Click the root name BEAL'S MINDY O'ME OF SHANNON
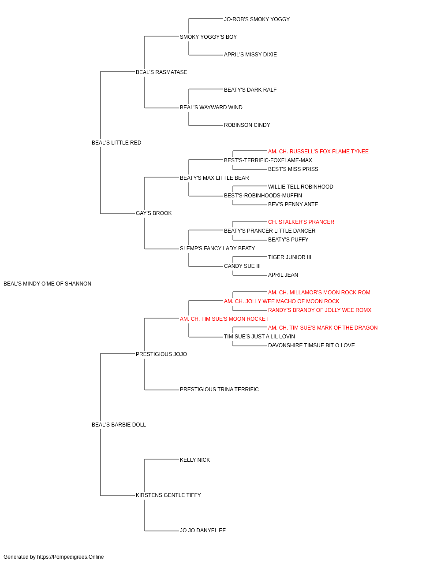[47, 284]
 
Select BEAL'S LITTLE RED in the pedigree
[116, 143]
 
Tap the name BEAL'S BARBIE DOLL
[119, 425]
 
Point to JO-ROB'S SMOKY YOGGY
[257, 19]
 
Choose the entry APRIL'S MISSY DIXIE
[250, 55]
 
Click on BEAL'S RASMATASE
[161, 72]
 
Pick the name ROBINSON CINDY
[247, 125]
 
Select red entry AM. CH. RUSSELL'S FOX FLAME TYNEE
[318, 152]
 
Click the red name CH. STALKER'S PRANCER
[301, 222]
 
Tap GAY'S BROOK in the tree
[154, 213]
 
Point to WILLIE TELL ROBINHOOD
[300, 187]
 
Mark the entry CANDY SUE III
[242, 266]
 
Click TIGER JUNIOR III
[290, 257]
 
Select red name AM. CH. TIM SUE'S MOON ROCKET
[224, 319]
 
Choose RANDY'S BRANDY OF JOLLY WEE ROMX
[320, 310]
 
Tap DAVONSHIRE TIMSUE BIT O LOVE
[311, 345]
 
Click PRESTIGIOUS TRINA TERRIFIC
[219, 390]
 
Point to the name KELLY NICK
[195, 460]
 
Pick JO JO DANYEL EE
[203, 531]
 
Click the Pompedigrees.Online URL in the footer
[71, 557]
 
